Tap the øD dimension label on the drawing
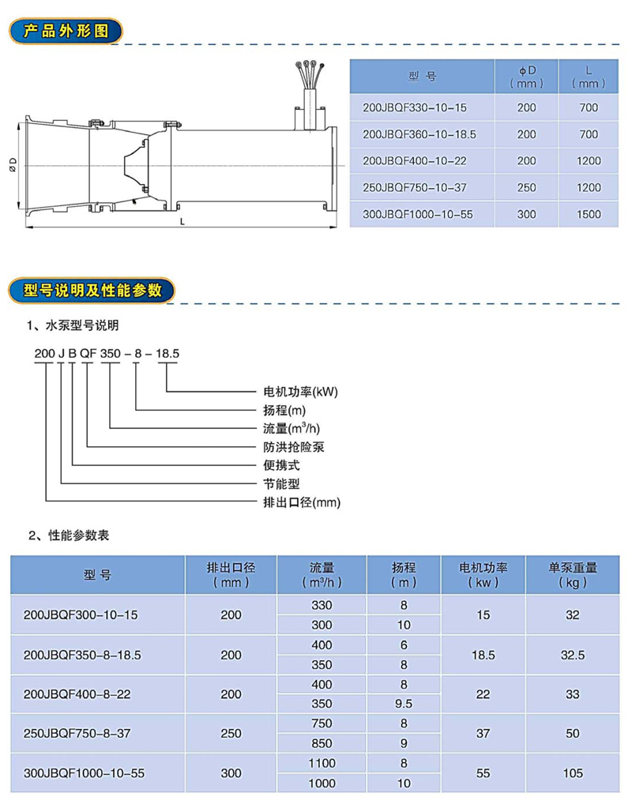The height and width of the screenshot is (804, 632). coord(13,164)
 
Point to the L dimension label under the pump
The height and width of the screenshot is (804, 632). coord(182,222)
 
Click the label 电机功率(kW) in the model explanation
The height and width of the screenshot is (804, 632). coord(295,391)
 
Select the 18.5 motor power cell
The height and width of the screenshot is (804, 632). coord(483,655)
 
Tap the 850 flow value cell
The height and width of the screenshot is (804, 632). coord(322,743)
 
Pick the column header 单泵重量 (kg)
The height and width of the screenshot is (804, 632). coord(573,574)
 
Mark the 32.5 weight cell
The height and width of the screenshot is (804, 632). coord(573,655)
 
